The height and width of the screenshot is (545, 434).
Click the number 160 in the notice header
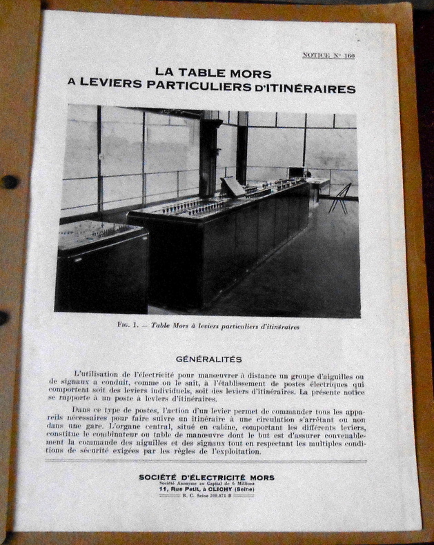pos(348,56)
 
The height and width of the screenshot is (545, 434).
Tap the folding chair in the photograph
pos(339,198)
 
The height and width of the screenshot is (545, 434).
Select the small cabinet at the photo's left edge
pos(102,266)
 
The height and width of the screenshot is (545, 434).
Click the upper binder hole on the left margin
pos(9,181)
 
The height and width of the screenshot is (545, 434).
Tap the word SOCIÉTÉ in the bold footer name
pos(161,477)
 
